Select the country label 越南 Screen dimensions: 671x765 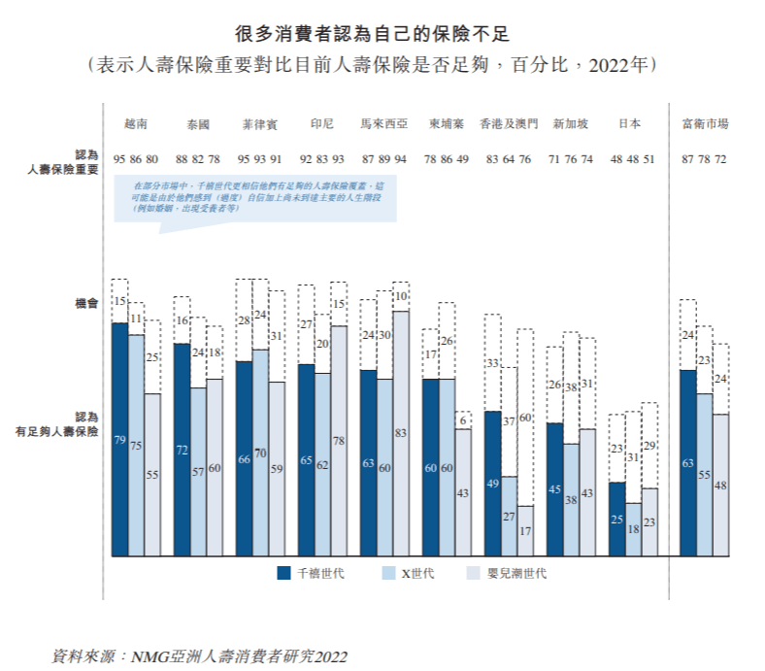click(x=137, y=124)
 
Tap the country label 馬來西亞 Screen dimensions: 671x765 click(x=385, y=124)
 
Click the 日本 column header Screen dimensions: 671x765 click(x=629, y=124)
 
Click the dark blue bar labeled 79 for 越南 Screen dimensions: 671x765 click(x=120, y=439)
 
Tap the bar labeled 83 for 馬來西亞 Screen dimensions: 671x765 click(x=401, y=433)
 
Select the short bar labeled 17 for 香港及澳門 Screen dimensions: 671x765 click(x=525, y=530)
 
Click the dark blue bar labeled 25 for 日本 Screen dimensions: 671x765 click(x=616, y=519)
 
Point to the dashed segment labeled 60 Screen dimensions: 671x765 click(x=525, y=417)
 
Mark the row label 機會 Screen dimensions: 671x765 click(x=86, y=304)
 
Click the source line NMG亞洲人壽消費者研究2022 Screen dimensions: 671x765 click(x=199, y=656)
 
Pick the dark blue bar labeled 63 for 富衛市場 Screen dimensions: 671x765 click(x=687, y=462)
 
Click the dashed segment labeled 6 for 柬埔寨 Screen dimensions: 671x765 click(x=463, y=419)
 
